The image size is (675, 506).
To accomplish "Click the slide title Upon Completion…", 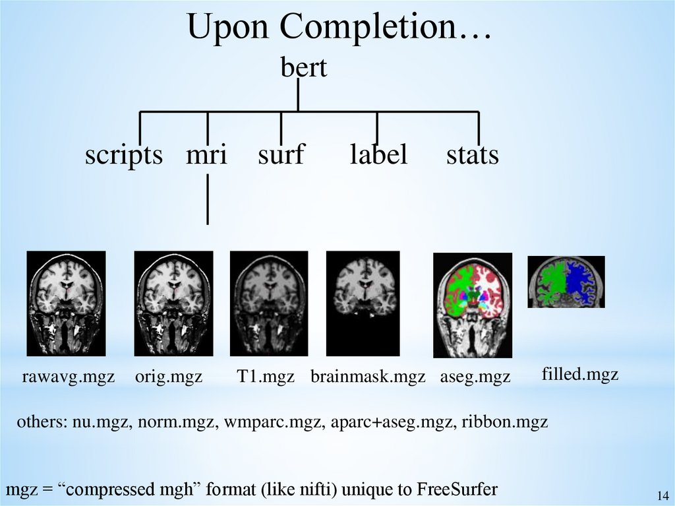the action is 339,28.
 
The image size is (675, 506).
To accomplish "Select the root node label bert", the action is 304,68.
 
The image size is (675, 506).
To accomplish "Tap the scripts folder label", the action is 124,155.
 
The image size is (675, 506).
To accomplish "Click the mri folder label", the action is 206,155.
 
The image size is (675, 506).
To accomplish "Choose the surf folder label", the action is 281,155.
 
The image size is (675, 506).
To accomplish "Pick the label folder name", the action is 378,155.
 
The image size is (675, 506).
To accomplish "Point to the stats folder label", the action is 473,155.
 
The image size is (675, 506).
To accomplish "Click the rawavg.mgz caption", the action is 69,377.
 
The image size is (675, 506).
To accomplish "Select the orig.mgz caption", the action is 169,377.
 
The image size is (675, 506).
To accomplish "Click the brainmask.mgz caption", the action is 368,377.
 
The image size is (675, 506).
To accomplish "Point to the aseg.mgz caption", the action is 475,377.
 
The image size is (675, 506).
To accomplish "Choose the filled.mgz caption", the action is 580,375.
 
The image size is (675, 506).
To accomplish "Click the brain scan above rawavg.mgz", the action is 66,303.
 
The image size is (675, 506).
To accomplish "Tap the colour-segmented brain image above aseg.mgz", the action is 473,305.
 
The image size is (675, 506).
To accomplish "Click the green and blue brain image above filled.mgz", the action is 566,282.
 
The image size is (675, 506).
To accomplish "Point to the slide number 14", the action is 662,496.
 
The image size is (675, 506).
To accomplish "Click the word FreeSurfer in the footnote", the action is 457,490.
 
